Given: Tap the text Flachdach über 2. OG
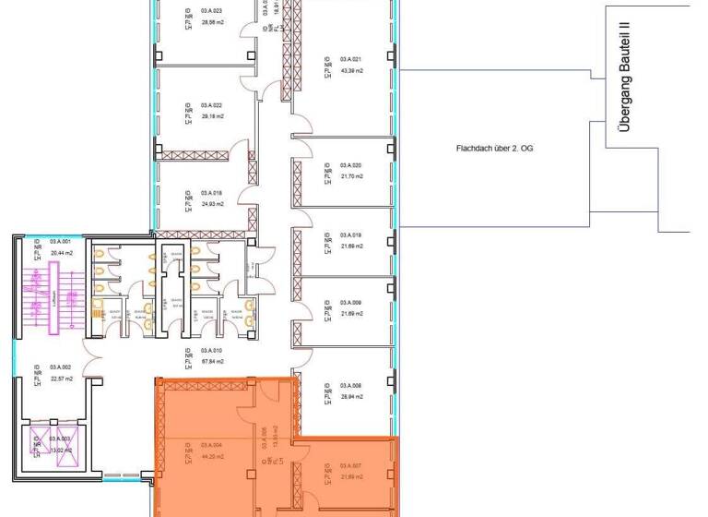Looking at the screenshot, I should point(490,149).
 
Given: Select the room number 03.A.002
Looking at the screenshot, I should point(63,367).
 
